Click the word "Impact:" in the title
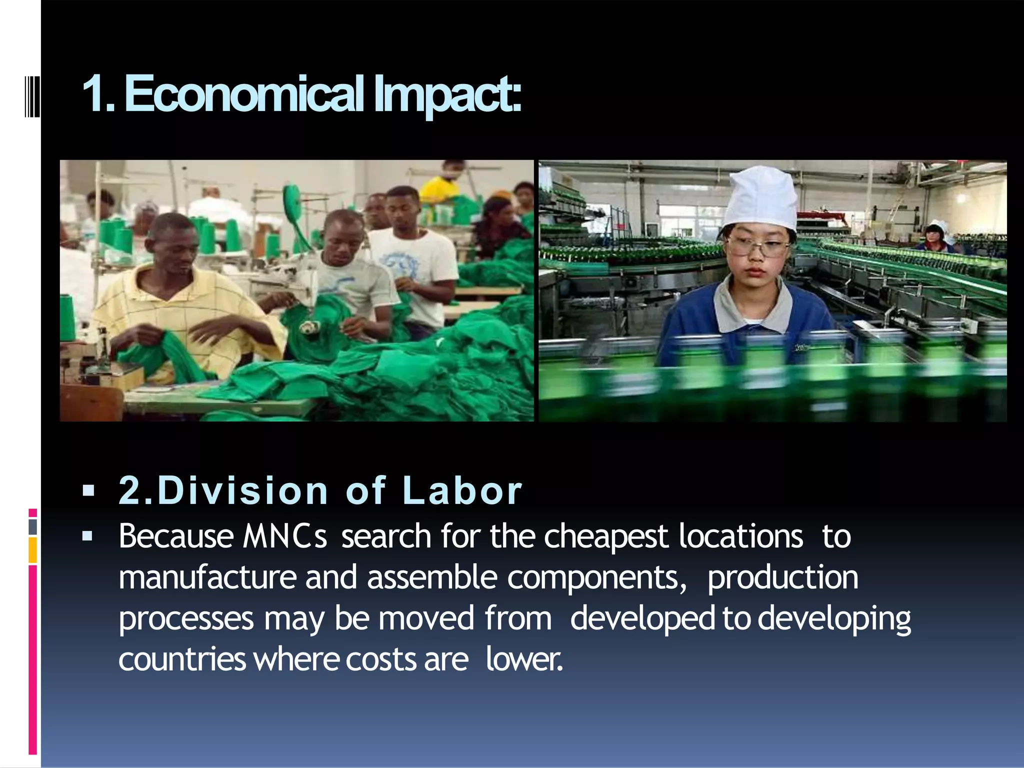pyautogui.click(x=447, y=94)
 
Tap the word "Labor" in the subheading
pyautogui.click(x=462, y=490)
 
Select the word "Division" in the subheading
pyautogui.click(x=243, y=490)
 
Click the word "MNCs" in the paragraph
pyautogui.click(x=285, y=536)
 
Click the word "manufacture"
pyautogui.click(x=207, y=577)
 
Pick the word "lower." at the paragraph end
pyautogui.click(x=524, y=659)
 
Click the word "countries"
pyautogui.click(x=182, y=659)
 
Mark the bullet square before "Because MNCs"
pyautogui.click(x=88, y=536)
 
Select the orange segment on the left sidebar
pyautogui.click(x=33, y=550)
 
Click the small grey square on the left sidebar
pyautogui.click(x=33, y=526)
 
